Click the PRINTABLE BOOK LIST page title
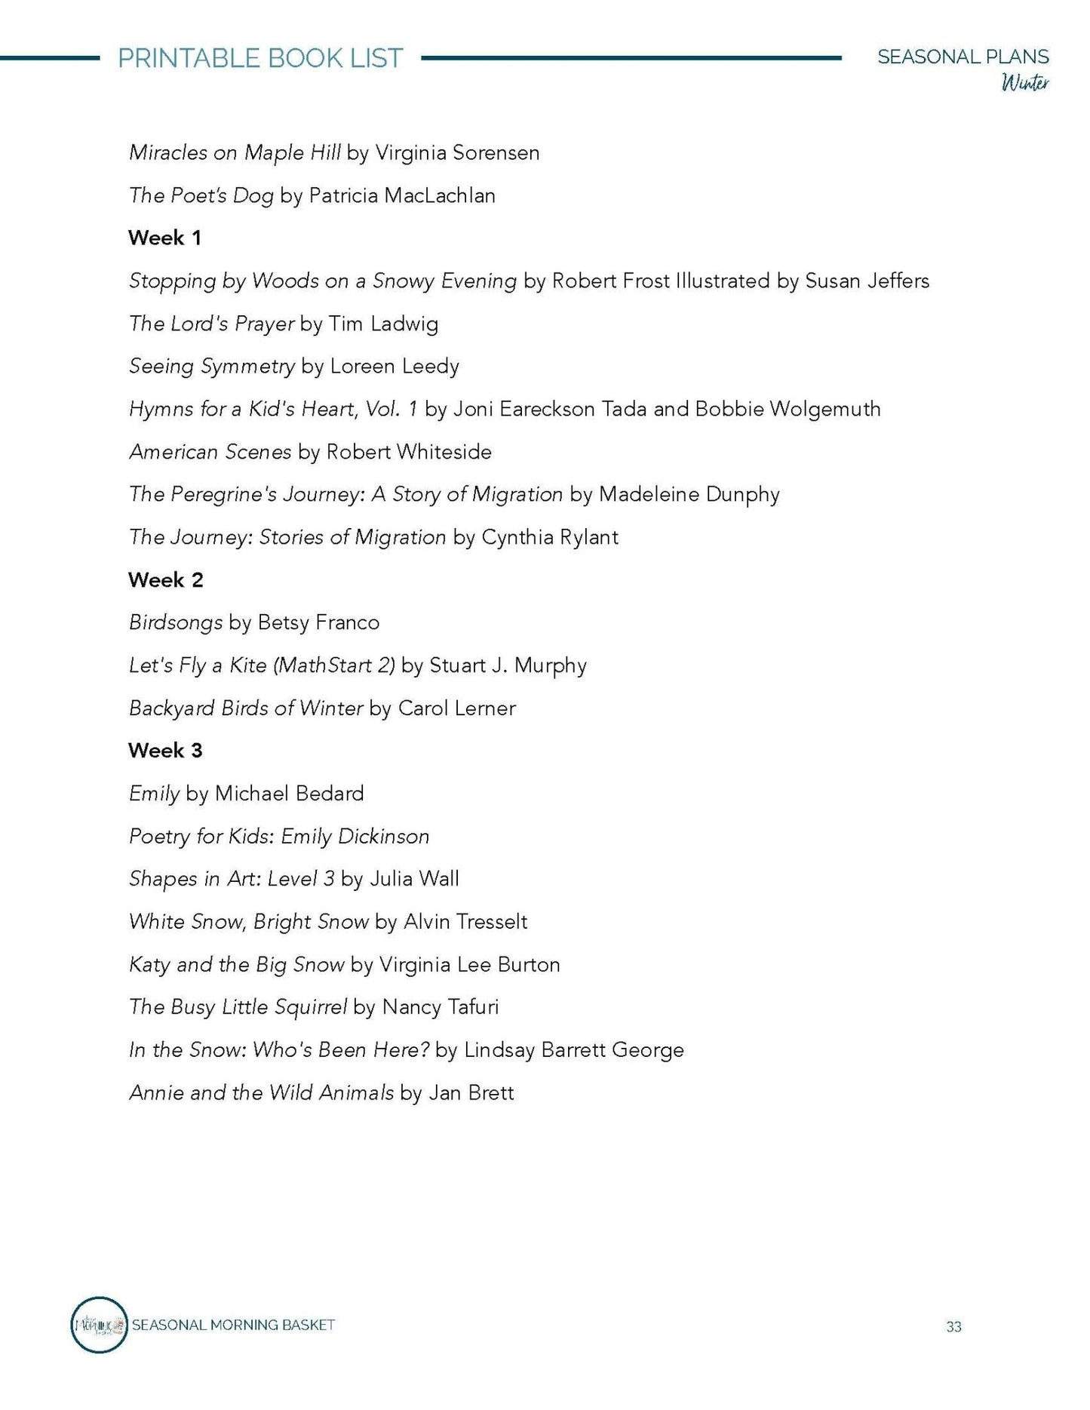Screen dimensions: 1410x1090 tap(260, 59)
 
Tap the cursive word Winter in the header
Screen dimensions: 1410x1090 tap(1024, 82)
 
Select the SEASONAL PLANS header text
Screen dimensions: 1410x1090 tap(963, 57)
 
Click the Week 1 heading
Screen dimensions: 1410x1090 tap(164, 238)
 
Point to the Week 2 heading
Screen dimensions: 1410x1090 tap(165, 580)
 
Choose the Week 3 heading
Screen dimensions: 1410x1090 tap(165, 751)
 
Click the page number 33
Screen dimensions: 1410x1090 tap(953, 1327)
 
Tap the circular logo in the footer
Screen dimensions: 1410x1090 tap(99, 1325)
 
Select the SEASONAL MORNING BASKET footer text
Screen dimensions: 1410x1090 tap(233, 1325)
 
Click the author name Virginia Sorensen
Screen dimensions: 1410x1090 tap(457, 153)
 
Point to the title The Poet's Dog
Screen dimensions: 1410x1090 tap(201, 196)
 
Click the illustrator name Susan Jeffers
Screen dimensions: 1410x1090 tap(867, 281)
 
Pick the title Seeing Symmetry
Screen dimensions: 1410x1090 tap(211, 367)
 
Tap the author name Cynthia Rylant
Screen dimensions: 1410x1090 tap(549, 537)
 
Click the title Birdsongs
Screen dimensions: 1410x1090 tap(175, 623)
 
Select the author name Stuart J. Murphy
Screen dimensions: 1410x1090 tap(508, 665)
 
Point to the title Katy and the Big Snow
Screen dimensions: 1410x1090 tap(236, 965)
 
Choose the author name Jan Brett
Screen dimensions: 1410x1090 tap(471, 1093)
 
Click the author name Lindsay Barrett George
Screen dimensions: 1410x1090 tap(573, 1050)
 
